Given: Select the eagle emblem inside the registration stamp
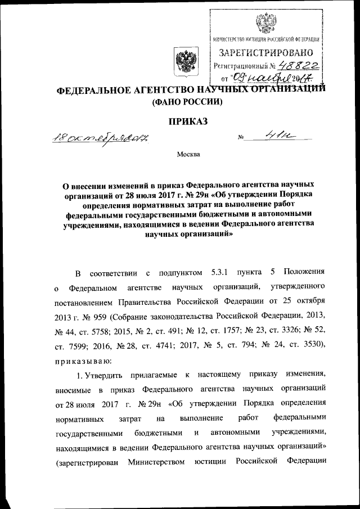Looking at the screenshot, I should point(263,25).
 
